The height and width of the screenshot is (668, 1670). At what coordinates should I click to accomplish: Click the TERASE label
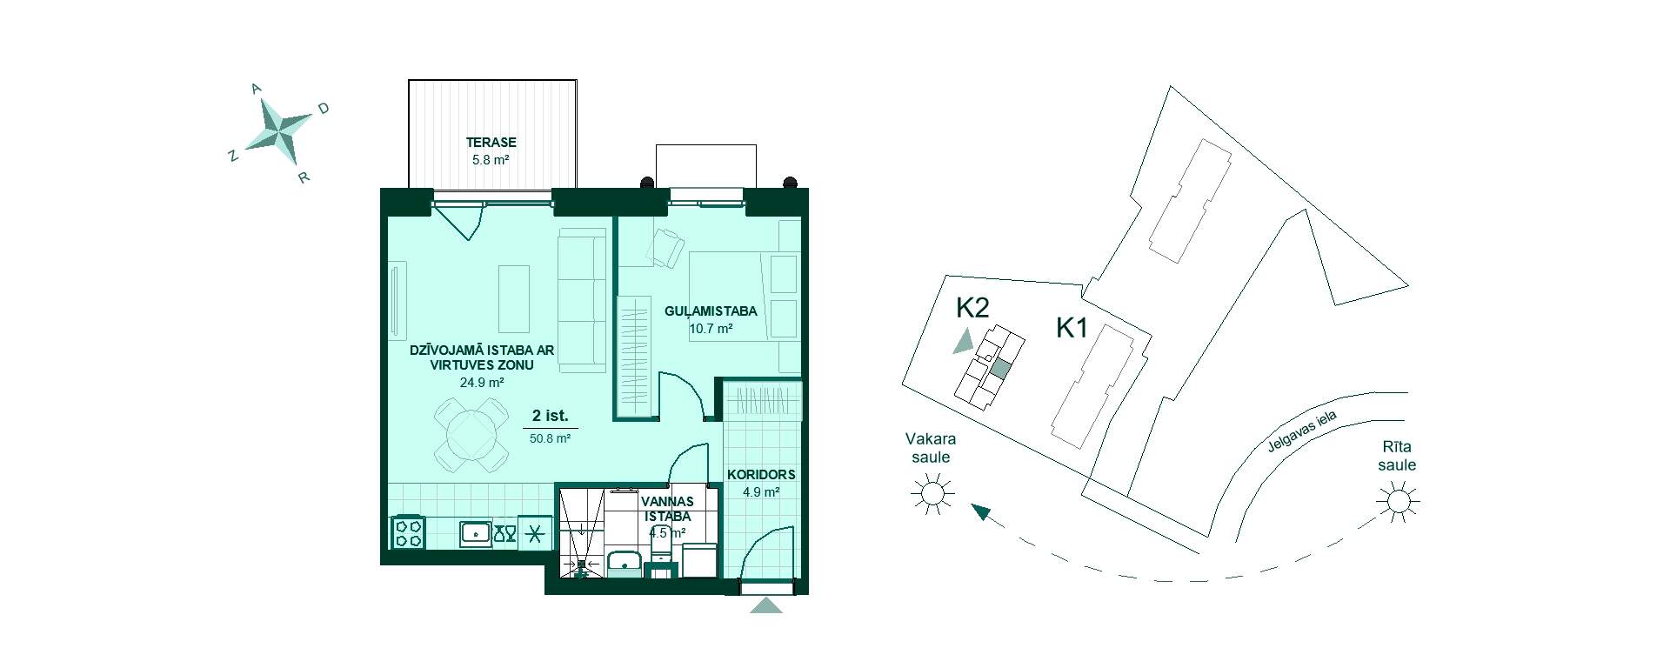coord(491,143)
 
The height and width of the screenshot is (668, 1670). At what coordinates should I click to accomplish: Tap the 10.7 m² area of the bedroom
coord(711,329)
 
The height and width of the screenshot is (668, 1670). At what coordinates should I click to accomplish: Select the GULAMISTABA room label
coord(711,311)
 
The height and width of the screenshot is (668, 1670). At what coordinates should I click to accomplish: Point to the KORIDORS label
coord(761,475)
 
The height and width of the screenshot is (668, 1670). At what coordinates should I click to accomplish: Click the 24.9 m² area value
coord(483,382)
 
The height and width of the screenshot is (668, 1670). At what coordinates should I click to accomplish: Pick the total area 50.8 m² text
coord(550,439)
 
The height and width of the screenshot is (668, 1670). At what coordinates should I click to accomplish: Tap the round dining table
coord(470,432)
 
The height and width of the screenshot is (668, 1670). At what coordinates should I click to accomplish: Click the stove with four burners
coord(410,532)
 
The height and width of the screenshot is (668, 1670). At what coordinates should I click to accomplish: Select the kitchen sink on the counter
coord(475,532)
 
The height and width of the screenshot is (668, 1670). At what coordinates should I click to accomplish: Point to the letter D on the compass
coord(323,109)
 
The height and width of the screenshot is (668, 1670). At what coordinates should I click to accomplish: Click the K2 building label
coord(972,307)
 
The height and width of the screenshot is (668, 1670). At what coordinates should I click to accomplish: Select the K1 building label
coord(1072,328)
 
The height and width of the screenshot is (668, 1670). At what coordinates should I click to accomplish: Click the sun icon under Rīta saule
coord(1399,502)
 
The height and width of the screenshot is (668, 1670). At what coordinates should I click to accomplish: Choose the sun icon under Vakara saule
coord(932,494)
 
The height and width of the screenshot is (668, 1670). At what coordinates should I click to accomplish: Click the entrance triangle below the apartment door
coord(765,605)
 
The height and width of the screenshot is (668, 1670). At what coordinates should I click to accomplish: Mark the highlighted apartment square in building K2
coord(1000,369)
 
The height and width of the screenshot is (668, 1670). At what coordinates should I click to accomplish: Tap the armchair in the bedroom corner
coord(666,247)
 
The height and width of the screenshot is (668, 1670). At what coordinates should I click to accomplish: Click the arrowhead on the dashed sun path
coord(982,512)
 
